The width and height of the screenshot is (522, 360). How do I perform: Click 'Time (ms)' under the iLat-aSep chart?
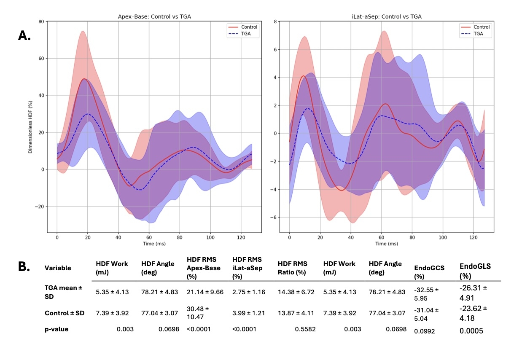coord(387,244)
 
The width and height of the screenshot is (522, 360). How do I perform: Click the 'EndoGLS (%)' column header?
coord(475,271)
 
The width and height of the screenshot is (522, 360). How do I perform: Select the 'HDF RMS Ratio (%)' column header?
coord(292,268)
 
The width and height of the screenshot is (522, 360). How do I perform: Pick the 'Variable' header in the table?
coord(58,268)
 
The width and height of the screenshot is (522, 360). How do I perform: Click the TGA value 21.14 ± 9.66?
coord(205,292)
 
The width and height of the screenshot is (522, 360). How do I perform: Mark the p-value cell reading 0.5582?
coord(305,328)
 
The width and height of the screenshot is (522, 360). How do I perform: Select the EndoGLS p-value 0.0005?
coord(471,331)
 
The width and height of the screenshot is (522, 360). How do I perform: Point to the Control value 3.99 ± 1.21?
coord(248,313)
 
